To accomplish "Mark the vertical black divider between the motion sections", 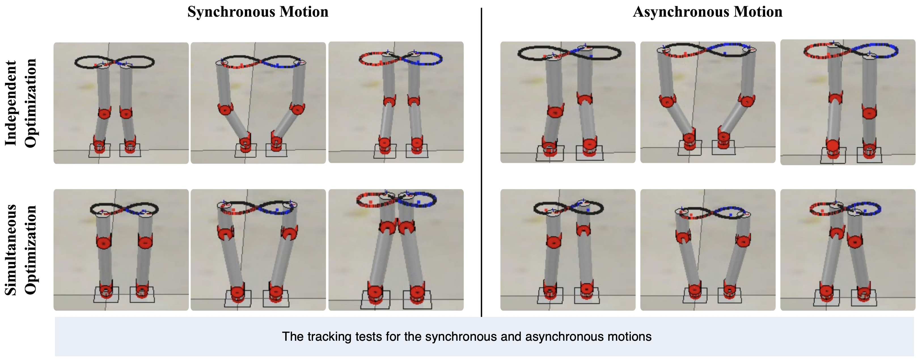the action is (481, 162).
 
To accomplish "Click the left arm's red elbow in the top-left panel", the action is (104, 113).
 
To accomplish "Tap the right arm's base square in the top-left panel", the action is (130, 150).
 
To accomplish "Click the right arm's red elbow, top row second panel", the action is (297, 108).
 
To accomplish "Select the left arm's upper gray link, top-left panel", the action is (104, 87).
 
